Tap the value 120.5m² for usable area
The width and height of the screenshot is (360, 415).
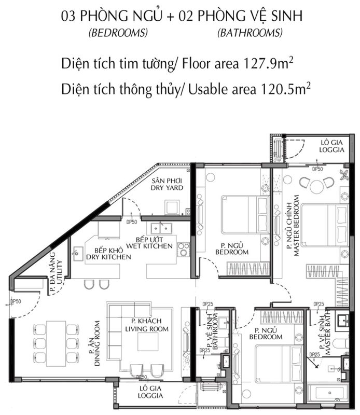pos(286,89)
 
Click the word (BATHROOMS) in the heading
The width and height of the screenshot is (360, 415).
pos(250,33)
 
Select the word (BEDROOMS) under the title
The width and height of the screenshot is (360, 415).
pos(118,33)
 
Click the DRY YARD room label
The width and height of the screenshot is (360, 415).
pos(167,188)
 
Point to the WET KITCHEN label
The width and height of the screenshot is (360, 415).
pos(149,246)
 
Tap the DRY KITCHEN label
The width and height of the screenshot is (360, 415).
pos(108,257)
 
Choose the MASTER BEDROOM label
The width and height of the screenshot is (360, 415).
pos(296,226)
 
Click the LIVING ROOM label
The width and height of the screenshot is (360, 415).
pos(147,329)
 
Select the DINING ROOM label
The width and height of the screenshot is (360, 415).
pos(98,343)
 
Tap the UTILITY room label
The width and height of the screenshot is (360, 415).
pos(60,272)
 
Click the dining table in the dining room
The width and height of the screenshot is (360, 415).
pos(56,343)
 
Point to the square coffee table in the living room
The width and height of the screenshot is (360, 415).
pos(148,341)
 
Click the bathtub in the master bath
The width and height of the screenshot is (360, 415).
pos(329,393)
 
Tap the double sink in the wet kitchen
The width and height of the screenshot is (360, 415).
pos(161,228)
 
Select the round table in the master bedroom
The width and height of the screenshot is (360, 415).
pos(316,187)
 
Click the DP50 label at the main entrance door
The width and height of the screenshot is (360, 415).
pos(16,301)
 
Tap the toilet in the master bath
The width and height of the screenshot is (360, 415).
pos(341,343)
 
